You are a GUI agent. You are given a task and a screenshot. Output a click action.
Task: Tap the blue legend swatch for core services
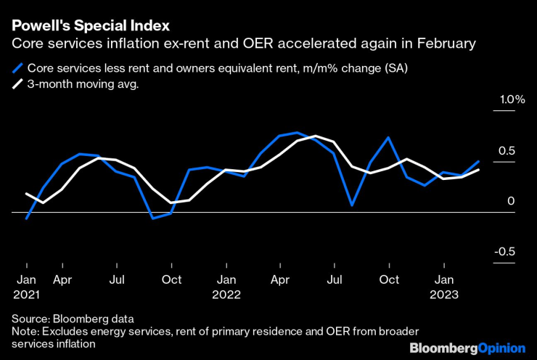pos(17,69)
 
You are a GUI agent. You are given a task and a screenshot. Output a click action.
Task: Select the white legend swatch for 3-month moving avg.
pos(17,84)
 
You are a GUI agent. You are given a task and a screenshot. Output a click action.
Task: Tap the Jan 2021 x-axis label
pos(26,287)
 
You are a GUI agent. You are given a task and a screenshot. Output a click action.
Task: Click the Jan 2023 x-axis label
pos(444,287)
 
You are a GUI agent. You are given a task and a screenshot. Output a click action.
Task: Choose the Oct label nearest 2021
pos(171,279)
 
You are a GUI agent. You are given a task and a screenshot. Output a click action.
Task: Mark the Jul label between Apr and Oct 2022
pos(335,279)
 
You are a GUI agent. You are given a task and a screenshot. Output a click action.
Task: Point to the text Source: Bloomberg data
pos(73,319)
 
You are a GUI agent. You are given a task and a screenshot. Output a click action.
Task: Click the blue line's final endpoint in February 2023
pos(479,161)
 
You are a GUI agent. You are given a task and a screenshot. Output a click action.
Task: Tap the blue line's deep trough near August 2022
pos(352,205)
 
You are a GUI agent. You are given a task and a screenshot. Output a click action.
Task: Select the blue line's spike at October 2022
pos(389,137)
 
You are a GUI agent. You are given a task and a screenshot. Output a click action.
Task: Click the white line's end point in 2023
pos(479,170)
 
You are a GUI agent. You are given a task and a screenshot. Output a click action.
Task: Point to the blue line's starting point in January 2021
pos(26,218)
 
